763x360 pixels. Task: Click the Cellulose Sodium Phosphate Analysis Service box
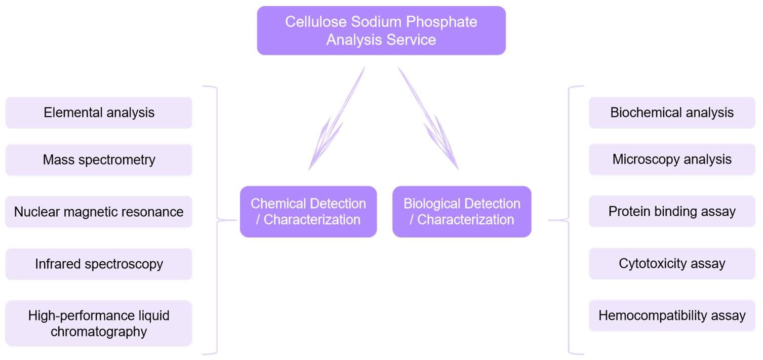tap(381, 30)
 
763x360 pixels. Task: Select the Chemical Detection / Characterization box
tap(308, 212)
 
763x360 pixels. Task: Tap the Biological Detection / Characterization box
tap(462, 212)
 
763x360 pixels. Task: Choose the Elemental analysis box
tap(99, 112)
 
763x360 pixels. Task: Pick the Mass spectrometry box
tap(99, 160)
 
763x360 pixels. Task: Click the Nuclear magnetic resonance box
tap(99, 212)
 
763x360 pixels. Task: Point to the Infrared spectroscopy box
tap(99, 264)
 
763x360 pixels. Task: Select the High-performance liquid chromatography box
tap(99, 324)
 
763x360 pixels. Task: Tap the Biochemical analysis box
tap(672, 112)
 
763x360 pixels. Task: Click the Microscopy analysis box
tap(672, 159)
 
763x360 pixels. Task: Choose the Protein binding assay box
tap(672, 211)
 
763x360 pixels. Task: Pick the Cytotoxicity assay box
tap(672, 263)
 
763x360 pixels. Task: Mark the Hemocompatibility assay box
tap(672, 315)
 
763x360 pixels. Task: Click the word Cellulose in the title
tap(309, 22)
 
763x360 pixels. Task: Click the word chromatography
tap(99, 332)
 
